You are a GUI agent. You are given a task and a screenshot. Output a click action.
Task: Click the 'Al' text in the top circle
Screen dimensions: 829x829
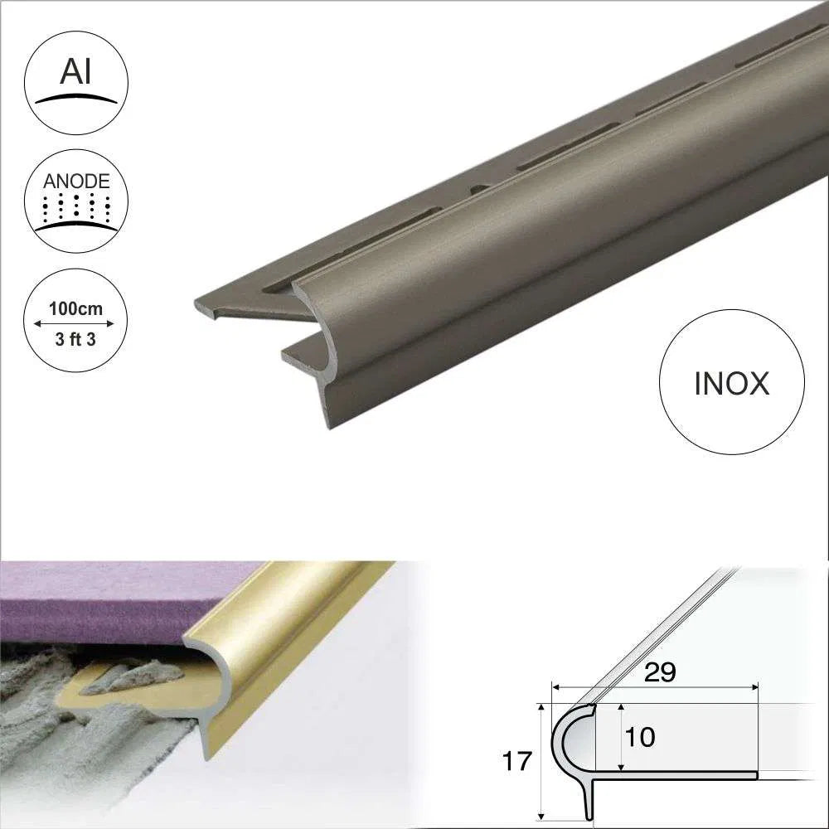point(75,72)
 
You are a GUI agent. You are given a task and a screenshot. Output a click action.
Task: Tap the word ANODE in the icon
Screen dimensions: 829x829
point(75,181)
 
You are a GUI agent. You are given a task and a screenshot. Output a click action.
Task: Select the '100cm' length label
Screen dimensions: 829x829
point(75,309)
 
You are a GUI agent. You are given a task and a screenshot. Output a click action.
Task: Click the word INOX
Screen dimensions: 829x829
point(730,383)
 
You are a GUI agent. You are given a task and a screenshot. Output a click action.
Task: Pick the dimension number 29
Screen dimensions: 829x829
point(660,672)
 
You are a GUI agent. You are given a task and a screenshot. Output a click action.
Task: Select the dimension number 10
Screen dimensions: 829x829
point(640,736)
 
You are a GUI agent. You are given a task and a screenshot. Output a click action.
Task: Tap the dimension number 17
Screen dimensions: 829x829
point(517,762)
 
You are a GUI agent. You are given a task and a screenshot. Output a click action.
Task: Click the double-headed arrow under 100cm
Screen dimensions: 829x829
point(75,324)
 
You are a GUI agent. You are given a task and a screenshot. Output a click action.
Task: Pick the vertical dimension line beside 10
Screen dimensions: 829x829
point(620,736)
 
